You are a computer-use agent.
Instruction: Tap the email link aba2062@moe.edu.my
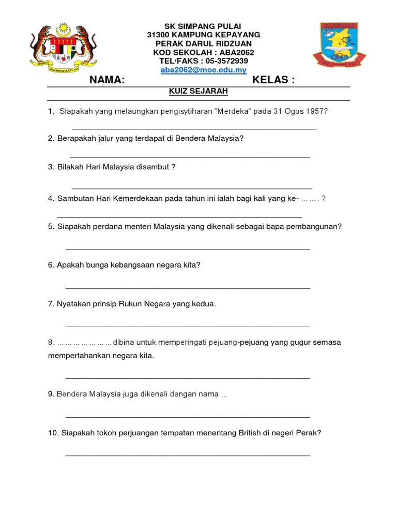click(203, 70)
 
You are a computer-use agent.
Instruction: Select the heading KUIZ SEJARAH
click(198, 92)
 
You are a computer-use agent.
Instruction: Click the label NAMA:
click(107, 80)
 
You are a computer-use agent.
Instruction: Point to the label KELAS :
click(273, 80)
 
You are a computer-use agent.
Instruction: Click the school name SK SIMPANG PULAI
click(203, 26)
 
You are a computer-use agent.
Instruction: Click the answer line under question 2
click(190, 156)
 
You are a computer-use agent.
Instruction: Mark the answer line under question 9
click(188, 416)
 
